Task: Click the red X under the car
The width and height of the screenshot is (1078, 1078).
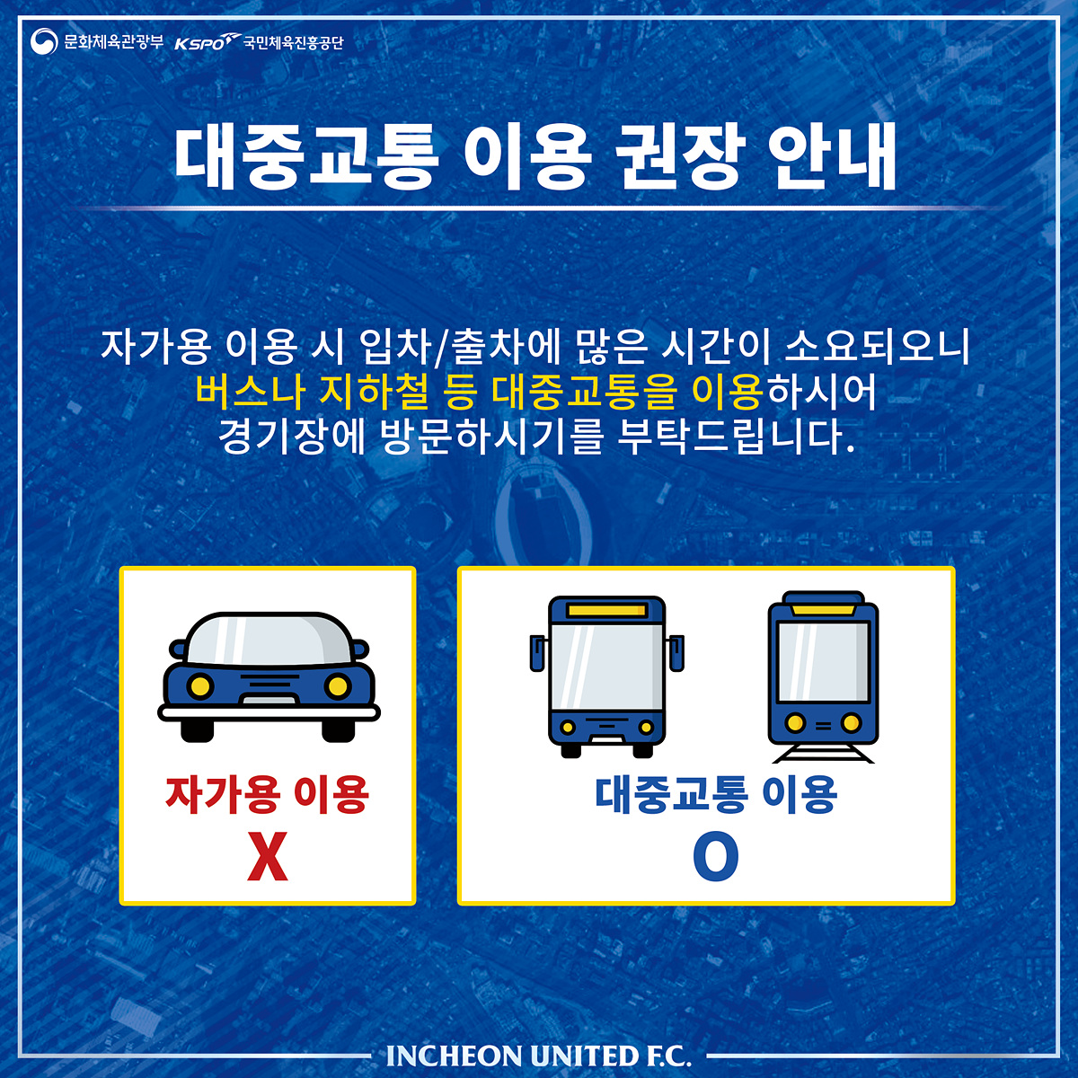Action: [268, 856]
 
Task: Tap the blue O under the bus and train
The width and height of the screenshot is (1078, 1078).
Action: [715, 856]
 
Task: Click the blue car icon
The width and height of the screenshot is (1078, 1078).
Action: [269, 677]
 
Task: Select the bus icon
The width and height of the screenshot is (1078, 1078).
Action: [607, 677]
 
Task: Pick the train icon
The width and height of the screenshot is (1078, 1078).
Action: [823, 677]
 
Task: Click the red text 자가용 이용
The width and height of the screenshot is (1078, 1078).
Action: [268, 794]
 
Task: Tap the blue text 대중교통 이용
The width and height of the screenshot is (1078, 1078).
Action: [716, 794]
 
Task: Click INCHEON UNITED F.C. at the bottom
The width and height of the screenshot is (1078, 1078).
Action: [539, 1056]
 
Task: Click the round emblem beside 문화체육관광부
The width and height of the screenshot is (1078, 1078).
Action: [44, 41]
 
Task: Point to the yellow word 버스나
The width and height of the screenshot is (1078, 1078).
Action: [250, 392]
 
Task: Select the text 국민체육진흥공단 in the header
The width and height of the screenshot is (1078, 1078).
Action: [293, 42]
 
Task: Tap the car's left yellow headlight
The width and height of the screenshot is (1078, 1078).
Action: [199, 686]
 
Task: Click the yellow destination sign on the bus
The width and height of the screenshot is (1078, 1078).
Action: [607, 610]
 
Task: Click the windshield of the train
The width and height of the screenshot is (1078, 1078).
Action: [823, 662]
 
